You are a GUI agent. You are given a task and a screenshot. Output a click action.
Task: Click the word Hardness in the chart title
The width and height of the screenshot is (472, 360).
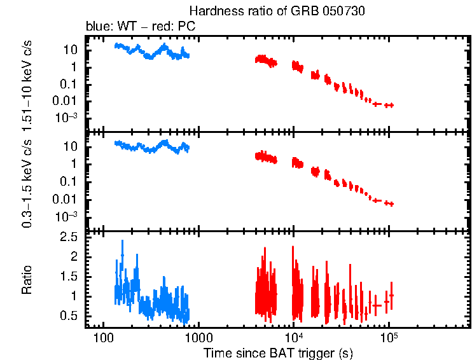pos(211,12)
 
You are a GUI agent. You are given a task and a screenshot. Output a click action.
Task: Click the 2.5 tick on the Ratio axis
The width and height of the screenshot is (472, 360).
pos(70,237)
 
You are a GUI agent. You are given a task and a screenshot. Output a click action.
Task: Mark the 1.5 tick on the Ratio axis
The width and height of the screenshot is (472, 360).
pos(70,277)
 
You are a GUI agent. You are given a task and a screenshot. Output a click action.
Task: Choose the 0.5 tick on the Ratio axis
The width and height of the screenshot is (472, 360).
pos(70,316)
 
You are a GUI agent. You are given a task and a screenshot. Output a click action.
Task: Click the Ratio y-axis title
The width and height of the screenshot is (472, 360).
pos(27,280)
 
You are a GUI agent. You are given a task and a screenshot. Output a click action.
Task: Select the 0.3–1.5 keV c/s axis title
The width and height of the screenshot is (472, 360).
pos(27,182)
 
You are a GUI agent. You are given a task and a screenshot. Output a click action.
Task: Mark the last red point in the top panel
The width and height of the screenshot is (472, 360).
pos(389,105)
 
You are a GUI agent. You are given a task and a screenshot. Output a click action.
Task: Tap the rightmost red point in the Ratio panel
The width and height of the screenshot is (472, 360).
pos(391,296)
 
